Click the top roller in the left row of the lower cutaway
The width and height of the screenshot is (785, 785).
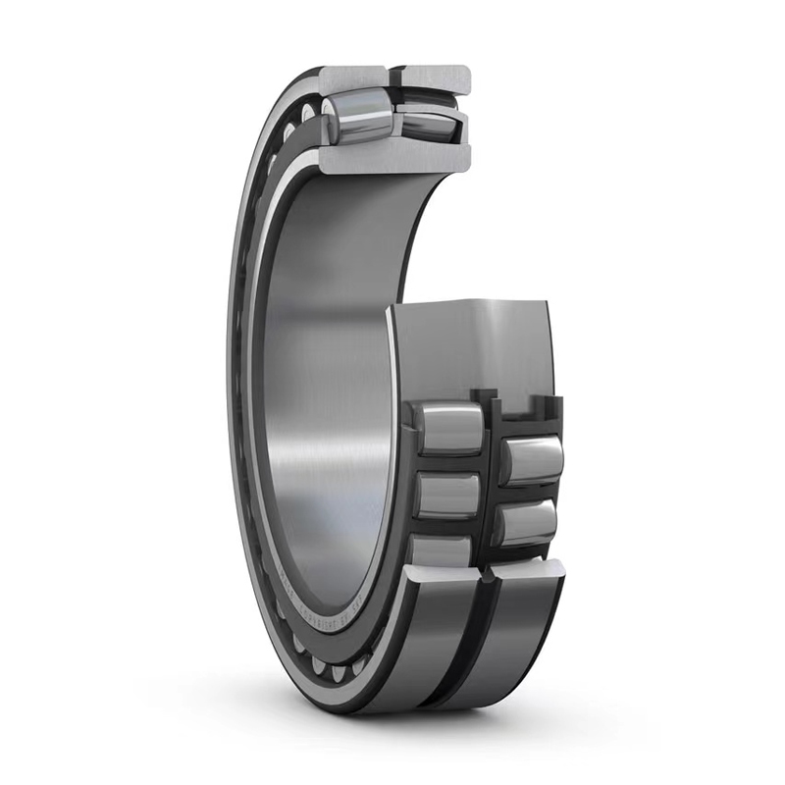pyautogui.click(x=448, y=428)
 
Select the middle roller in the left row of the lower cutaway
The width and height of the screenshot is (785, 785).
pyautogui.click(x=447, y=495)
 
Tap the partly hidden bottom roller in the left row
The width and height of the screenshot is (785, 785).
pyautogui.click(x=441, y=550)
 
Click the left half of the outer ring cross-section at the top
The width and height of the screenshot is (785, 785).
pyautogui.click(x=353, y=78)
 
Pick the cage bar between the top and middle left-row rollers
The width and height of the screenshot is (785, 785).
pyautogui.click(x=446, y=462)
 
